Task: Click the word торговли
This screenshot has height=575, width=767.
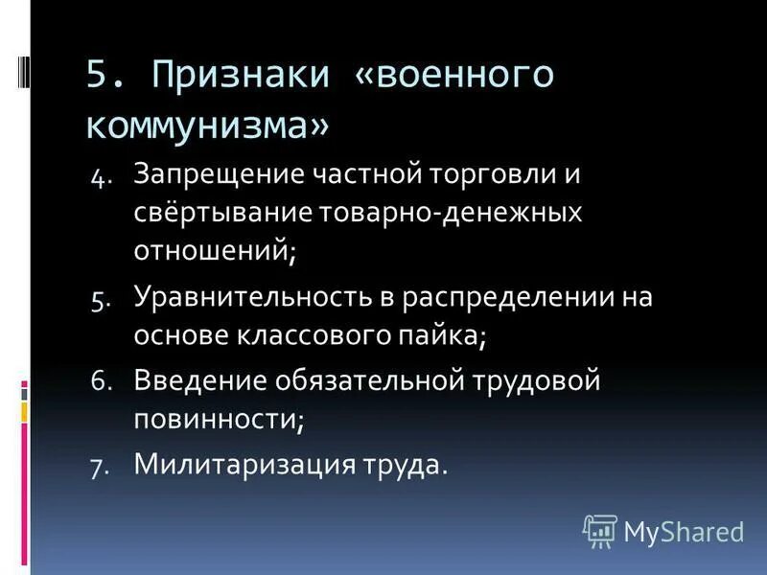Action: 476,175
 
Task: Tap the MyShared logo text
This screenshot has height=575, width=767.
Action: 684,531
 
